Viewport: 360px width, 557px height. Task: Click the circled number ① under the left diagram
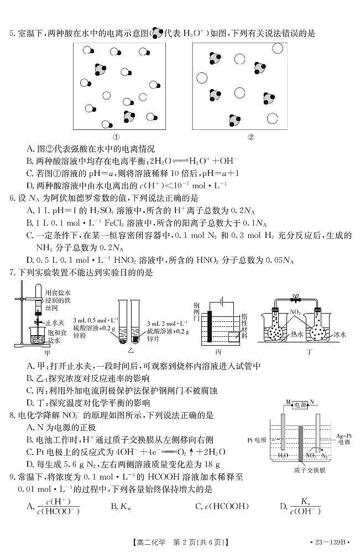coord(117,137)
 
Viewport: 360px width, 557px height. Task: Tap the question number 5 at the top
coord(11,34)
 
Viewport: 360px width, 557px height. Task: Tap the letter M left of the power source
coord(288,402)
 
